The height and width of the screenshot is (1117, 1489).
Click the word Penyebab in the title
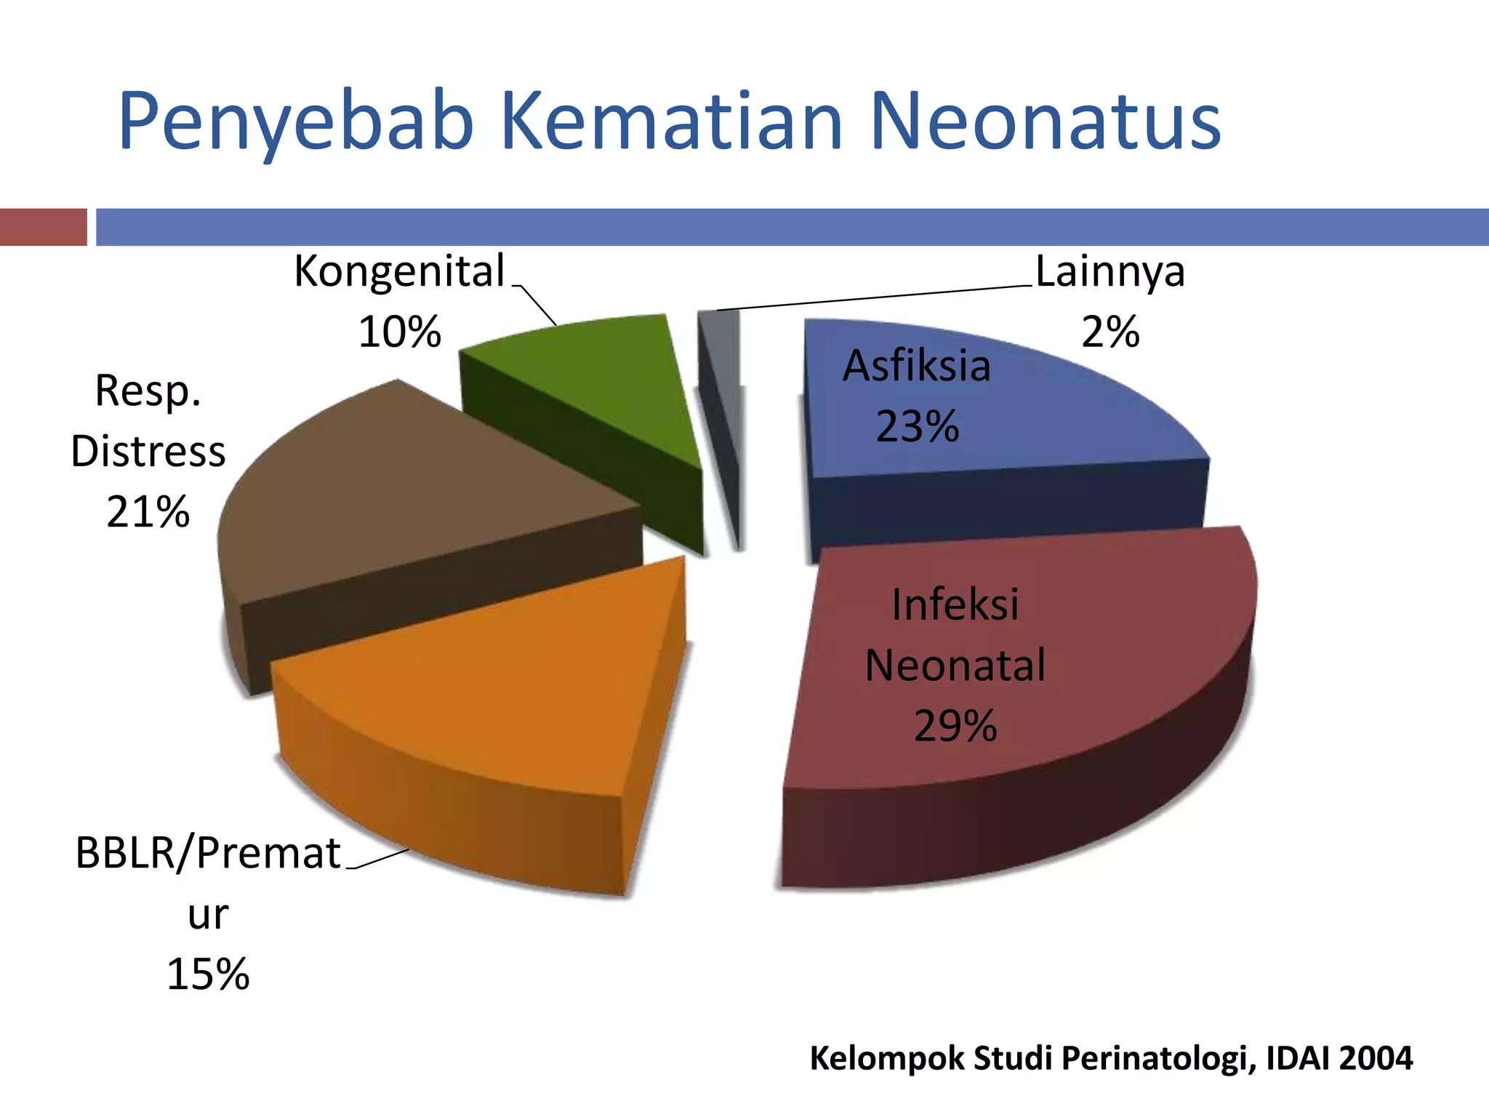[296, 121]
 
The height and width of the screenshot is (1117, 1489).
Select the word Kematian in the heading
[672, 121]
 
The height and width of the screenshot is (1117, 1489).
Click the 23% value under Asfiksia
[917, 427]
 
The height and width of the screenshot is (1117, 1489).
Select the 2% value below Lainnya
[1109, 333]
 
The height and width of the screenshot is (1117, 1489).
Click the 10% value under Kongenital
[399, 333]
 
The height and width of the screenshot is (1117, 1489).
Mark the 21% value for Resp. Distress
[148, 512]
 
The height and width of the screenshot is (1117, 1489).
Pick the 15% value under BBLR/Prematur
[208, 974]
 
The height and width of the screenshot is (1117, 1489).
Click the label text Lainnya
[1109, 272]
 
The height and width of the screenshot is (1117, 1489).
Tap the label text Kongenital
[399, 272]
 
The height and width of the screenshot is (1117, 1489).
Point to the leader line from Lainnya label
[872, 297]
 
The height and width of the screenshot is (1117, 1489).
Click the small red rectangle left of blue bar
[43, 227]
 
